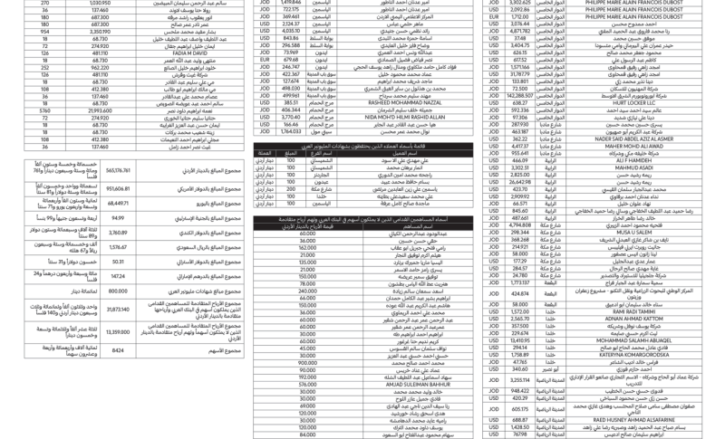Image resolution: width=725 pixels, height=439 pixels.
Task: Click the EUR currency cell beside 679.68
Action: coord(266,60)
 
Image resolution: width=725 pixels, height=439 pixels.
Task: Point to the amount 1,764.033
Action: coord(292,131)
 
